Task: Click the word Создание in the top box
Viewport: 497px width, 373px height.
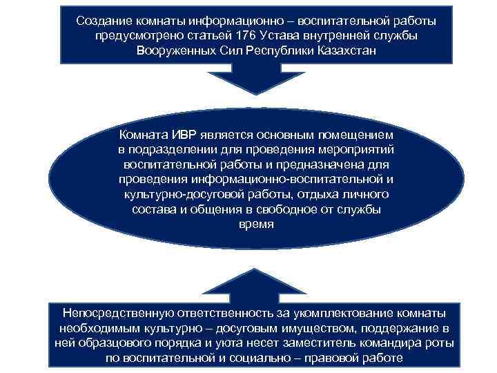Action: click(x=103, y=21)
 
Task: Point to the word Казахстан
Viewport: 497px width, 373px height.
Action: click(x=348, y=52)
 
